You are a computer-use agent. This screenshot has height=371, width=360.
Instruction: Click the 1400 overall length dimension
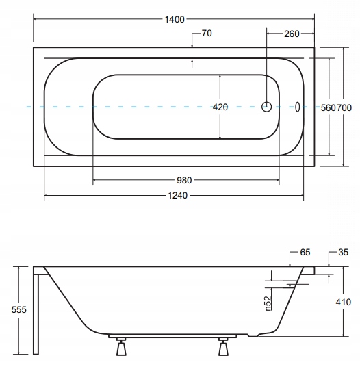click(175, 19)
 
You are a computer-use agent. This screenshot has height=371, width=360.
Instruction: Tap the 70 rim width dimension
click(207, 34)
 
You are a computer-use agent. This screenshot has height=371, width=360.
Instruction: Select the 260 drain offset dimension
click(292, 34)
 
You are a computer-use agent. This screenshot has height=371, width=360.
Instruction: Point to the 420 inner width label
click(220, 107)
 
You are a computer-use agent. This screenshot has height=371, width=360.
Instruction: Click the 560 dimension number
click(328, 108)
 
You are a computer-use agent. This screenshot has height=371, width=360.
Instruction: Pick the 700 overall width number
click(344, 108)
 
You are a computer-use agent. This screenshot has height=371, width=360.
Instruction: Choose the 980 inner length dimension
click(184, 181)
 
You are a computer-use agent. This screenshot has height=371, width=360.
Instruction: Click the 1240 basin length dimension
click(178, 196)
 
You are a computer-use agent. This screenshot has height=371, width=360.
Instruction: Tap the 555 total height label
click(19, 309)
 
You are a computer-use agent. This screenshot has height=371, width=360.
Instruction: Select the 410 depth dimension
click(343, 302)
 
